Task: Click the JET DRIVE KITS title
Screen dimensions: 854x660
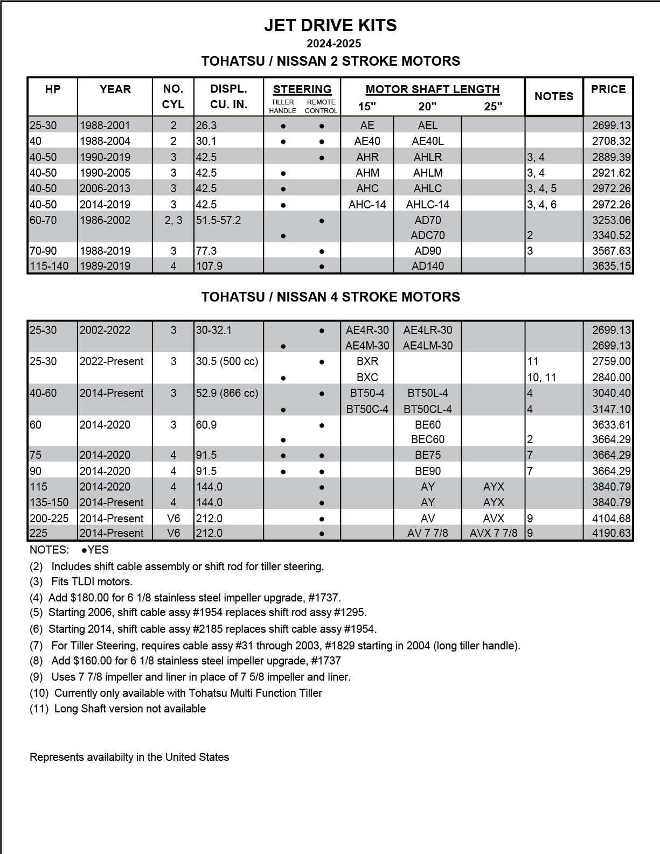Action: click(330, 25)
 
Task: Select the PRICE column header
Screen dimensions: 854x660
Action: click(608, 89)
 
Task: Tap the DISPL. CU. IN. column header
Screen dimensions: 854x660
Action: click(228, 96)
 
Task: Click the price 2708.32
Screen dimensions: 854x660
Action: click(611, 141)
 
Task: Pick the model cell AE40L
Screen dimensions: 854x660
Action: click(428, 141)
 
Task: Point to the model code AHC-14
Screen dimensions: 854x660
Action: click(367, 205)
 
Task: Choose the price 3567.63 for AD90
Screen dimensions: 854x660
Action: click(611, 251)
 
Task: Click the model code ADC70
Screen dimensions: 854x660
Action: click(428, 235)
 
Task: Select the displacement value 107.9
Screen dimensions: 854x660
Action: click(209, 266)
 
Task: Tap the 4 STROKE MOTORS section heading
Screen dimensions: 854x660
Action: click(330, 297)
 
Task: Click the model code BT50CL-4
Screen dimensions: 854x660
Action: click(428, 409)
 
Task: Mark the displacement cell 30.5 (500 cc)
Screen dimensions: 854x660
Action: click(227, 361)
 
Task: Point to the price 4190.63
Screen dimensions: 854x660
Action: click(611, 533)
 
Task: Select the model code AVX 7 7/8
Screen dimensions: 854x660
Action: click(494, 533)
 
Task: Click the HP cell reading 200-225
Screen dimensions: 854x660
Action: click(49, 519)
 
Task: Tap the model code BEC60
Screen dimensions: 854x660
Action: click(428, 439)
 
